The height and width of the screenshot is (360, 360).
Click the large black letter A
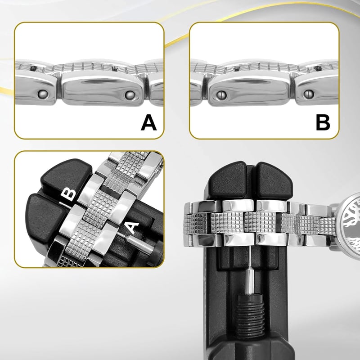coord(148,123)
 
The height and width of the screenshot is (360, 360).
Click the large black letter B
coord(323,123)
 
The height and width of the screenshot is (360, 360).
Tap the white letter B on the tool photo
coord(68,195)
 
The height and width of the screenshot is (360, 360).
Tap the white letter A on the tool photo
coord(132,228)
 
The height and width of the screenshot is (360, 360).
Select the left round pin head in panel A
coord(43,94)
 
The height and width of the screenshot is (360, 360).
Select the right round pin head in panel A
coord(130,95)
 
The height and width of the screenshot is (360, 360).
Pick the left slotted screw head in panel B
coord(221,94)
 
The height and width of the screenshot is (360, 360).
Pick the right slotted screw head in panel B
coord(309,94)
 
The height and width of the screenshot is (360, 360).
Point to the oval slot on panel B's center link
coord(251,81)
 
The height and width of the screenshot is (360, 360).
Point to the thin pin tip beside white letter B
coord(65,205)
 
